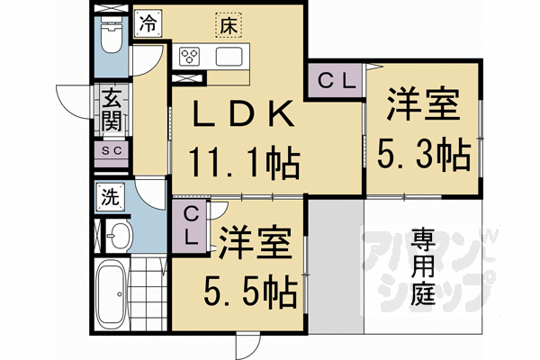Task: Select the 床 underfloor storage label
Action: click(227, 26)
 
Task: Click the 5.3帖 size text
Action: click(424, 156)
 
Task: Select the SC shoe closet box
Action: click(112, 150)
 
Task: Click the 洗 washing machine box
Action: click(109, 195)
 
